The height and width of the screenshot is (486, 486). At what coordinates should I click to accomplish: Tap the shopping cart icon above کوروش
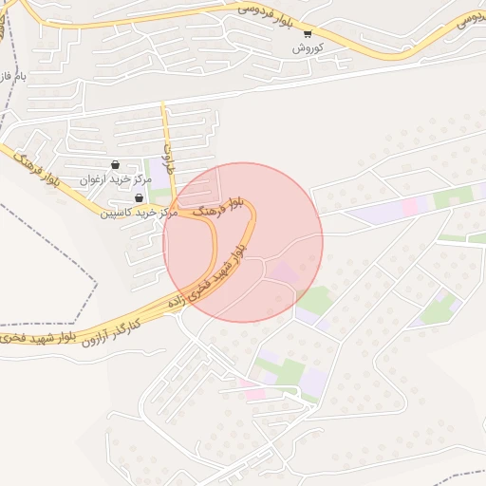[x=307, y=33]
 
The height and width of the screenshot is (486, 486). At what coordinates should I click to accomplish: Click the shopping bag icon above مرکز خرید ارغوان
[x=116, y=164]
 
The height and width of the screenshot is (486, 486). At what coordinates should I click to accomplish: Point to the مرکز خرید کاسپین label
[x=140, y=212]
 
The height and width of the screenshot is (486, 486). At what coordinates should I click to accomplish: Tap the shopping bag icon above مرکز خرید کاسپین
[x=140, y=197]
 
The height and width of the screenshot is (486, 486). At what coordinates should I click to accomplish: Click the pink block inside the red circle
[x=283, y=273]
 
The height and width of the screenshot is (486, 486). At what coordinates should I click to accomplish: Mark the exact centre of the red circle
[x=243, y=242]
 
